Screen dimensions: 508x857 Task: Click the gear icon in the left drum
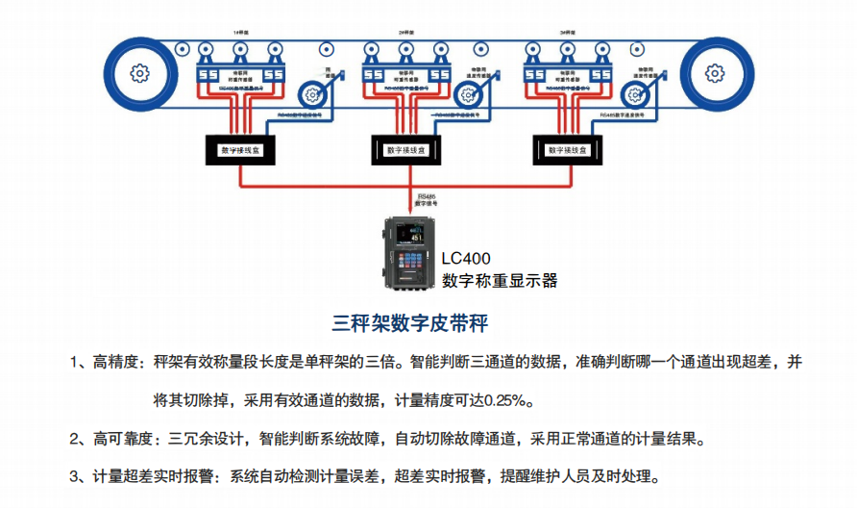tap(140, 73)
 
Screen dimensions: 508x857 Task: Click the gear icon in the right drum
tap(714, 73)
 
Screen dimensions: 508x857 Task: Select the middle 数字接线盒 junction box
tap(405, 150)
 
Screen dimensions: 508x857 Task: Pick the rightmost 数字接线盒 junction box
tap(567, 150)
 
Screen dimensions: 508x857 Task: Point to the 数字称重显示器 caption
tap(500, 281)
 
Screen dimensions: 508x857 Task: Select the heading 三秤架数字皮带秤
tap(416, 321)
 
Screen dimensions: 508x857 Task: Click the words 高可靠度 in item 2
tap(124, 440)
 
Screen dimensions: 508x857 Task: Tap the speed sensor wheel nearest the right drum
tap(634, 93)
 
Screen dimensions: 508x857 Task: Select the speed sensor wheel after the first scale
tap(311, 93)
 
